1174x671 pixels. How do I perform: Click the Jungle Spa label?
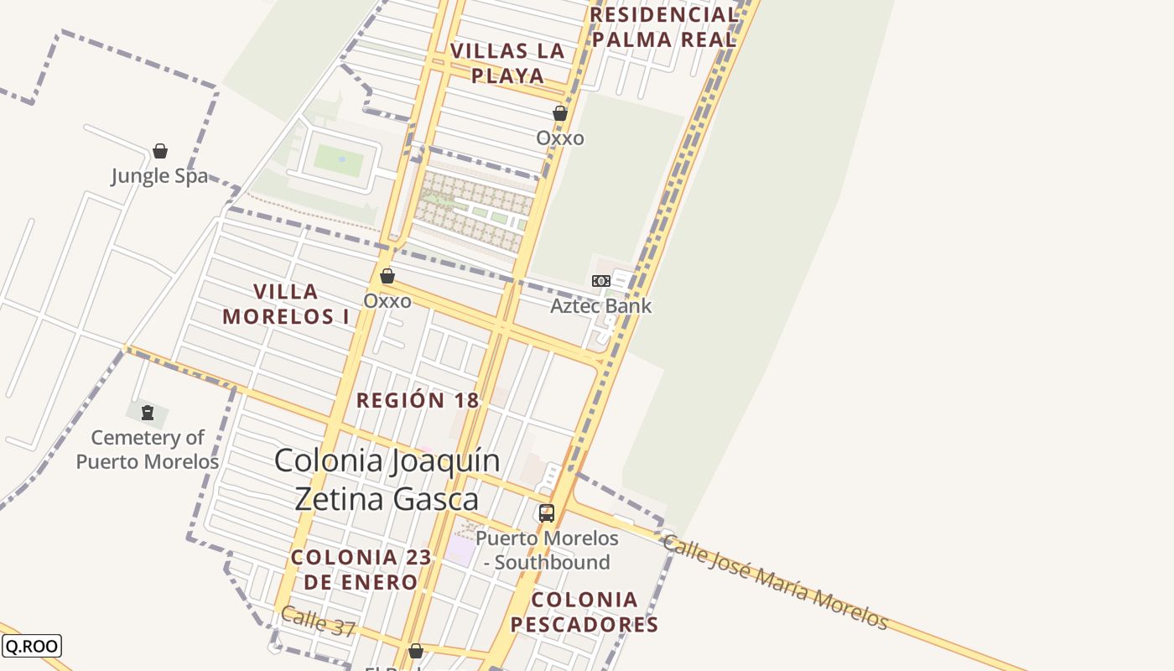(159, 177)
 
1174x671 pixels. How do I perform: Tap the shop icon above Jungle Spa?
(160, 152)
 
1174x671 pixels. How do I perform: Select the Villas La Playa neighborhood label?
(507, 63)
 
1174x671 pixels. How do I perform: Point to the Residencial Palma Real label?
(663, 27)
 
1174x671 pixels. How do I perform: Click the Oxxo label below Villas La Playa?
(560, 138)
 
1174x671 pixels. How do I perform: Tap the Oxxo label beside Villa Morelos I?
(387, 301)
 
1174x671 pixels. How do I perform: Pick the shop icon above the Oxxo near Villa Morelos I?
(387, 276)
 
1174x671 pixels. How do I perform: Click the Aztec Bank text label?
(600, 306)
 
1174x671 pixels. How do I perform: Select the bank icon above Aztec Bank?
(601, 281)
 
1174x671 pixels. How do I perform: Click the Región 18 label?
(418, 401)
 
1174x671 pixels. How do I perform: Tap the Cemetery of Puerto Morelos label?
(148, 450)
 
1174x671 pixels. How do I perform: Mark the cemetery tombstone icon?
(148, 413)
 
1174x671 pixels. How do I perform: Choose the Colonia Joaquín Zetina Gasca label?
(387, 480)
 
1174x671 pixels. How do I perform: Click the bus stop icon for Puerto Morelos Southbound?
(547, 513)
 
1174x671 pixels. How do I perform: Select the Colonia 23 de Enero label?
(361, 570)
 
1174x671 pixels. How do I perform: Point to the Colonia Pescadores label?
(584, 612)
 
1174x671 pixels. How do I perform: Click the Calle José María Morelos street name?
(775, 581)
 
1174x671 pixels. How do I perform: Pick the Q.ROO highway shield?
(32, 646)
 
